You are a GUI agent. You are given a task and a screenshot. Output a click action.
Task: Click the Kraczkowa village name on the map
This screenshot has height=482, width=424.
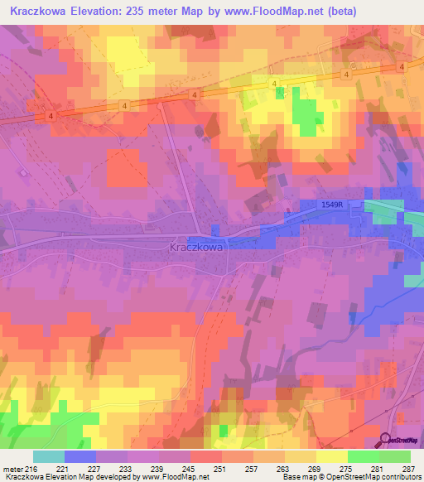[195, 246]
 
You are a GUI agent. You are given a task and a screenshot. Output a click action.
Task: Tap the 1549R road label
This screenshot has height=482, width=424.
[332, 205]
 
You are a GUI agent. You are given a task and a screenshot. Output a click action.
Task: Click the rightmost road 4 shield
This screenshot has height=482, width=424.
[401, 65]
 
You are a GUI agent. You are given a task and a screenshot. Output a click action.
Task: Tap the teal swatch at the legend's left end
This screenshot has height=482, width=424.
[49, 456]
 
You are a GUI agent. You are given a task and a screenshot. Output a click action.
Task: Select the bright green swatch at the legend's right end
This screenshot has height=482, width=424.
[395, 456]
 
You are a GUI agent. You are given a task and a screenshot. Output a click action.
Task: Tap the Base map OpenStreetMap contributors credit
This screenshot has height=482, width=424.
[349, 477]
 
